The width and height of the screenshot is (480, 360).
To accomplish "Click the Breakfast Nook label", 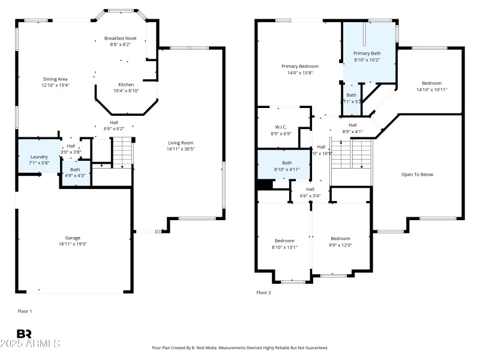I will (x=121, y=38).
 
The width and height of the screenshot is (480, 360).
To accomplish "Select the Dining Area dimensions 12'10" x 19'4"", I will (x=56, y=85).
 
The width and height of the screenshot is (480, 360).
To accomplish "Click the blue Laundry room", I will (x=39, y=157).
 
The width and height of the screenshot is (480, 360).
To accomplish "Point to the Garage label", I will (x=73, y=238).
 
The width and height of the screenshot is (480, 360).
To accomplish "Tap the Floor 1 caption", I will (x=25, y=311).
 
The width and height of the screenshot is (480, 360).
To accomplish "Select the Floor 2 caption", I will (x=263, y=292).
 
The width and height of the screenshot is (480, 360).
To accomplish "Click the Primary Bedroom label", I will (x=300, y=66).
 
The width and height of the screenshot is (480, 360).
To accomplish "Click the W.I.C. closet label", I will (x=282, y=127).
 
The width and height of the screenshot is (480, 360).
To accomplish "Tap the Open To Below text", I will (x=417, y=175).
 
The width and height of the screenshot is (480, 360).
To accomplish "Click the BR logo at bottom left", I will (x=24, y=334).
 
